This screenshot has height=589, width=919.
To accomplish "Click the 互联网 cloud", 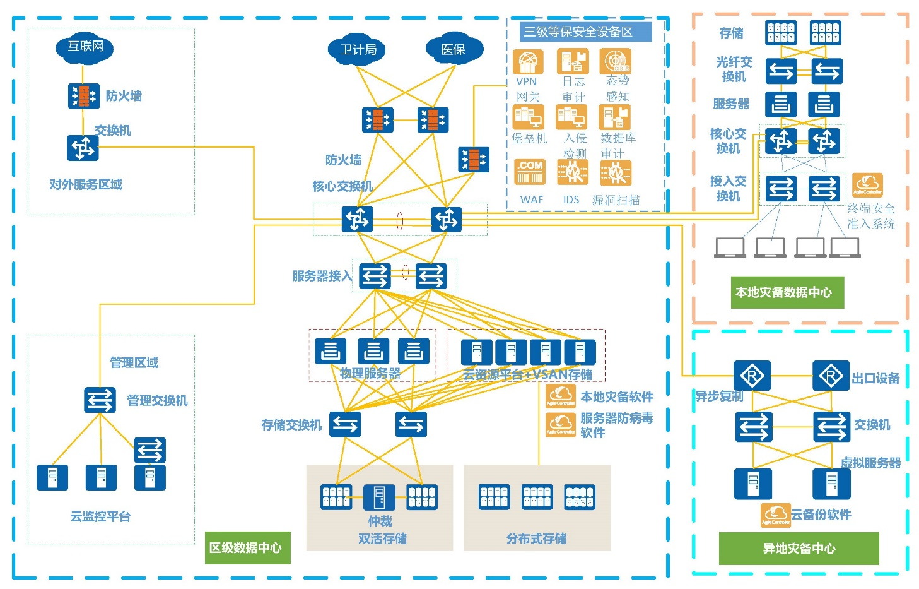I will pos(85,47).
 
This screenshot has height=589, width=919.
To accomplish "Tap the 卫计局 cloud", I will pos(357,50).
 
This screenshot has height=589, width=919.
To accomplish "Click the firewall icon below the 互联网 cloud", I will pos(83,96).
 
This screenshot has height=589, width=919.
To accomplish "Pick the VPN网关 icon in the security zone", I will pos(527,62).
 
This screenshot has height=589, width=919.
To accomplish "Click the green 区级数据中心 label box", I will pos(248,547).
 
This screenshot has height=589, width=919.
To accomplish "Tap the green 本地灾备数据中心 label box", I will pos(787,292).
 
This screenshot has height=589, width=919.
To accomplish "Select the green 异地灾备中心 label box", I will pos(799,548).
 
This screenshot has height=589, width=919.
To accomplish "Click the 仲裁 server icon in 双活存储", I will pos(380,497).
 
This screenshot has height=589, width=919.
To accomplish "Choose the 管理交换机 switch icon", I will pos(100,400).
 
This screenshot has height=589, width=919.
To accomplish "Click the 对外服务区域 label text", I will pos(86,184).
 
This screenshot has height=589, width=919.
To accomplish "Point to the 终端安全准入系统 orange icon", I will pos(867,185).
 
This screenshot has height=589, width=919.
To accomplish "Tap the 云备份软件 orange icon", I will pos(775,515).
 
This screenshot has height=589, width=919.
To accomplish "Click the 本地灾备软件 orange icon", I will pos(560,396).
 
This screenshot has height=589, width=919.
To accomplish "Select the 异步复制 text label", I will pos(719,396).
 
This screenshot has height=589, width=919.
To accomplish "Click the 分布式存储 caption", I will pos(536,538).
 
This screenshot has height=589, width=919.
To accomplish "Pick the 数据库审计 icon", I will pos(616,117).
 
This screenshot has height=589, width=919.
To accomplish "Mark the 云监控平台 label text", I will pos(100,516).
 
